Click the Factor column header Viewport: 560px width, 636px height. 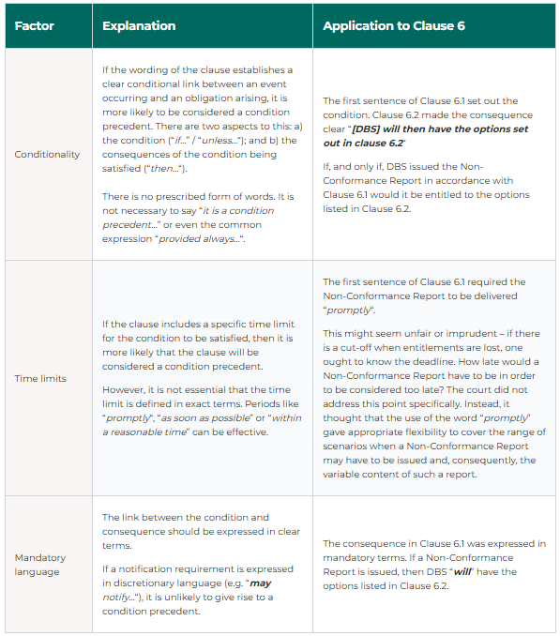pos(34,26)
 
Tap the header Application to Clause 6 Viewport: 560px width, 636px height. pos(393,26)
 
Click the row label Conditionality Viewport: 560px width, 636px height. pos(47,154)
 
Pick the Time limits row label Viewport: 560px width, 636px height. pos(39,378)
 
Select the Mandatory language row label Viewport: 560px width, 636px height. pos(40,565)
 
